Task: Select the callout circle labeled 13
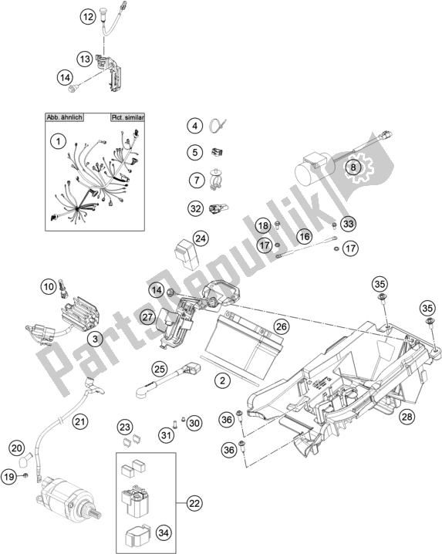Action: tap(85, 59)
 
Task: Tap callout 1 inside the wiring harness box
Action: tap(56, 141)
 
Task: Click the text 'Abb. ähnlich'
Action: tap(63, 118)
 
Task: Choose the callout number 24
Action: tap(201, 238)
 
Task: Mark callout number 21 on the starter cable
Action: tap(80, 421)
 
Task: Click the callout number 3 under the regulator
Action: tap(95, 339)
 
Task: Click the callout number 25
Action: tap(160, 370)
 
